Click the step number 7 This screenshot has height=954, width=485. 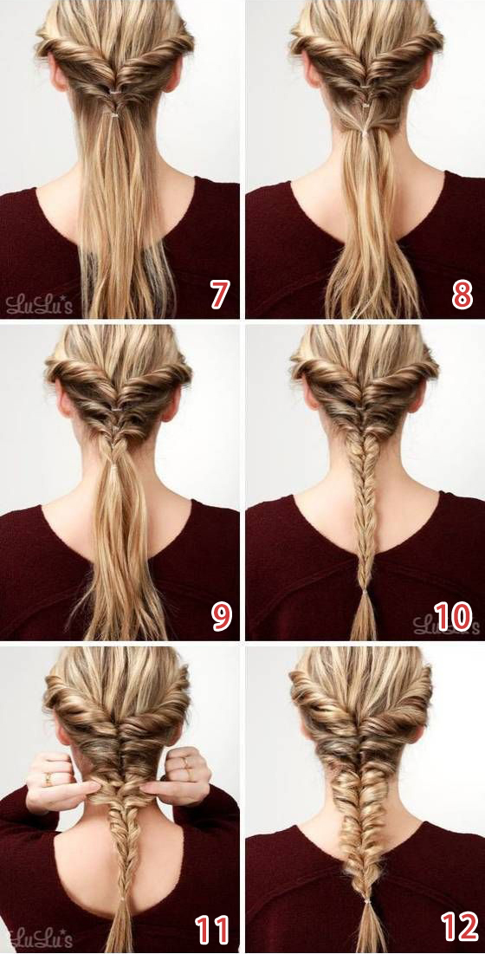(x=219, y=295)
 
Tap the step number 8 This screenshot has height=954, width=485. (x=462, y=295)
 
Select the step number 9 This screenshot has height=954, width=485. (x=221, y=616)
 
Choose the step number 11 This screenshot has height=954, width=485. (x=211, y=931)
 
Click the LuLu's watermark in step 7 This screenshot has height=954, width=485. (x=39, y=303)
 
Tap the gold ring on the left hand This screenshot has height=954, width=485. (x=48, y=776)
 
